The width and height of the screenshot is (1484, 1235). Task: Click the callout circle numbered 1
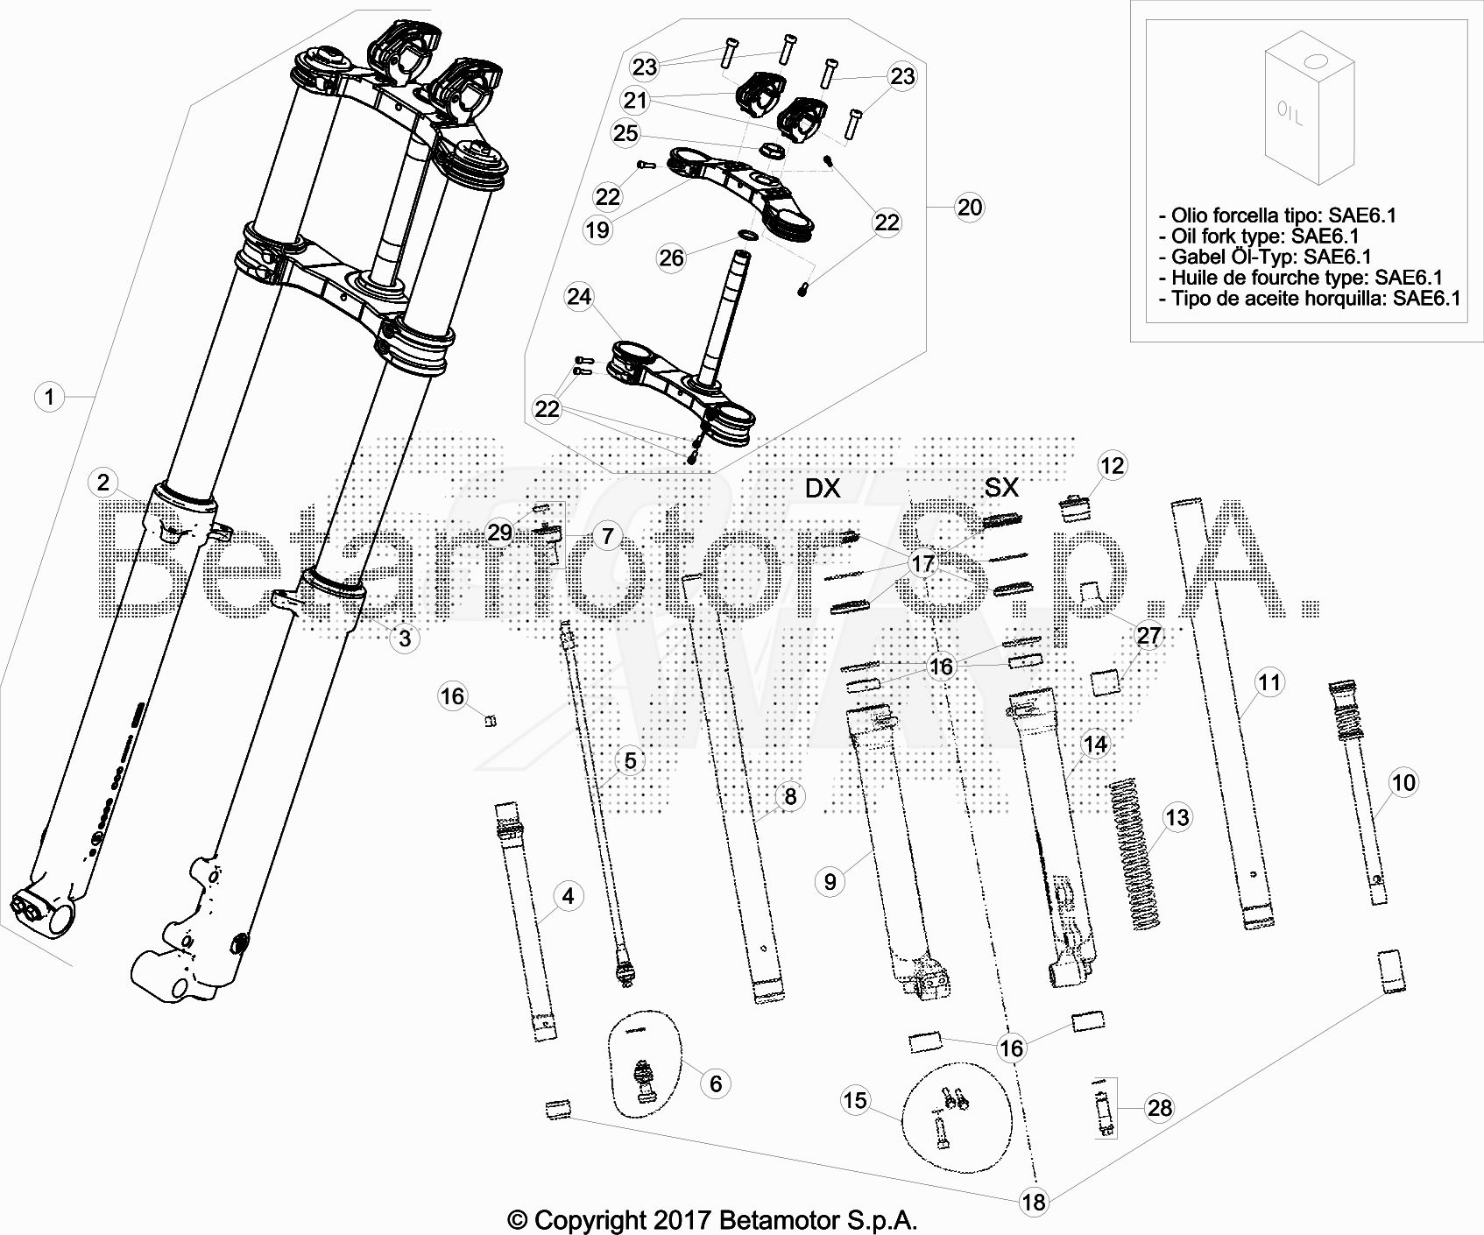coord(49,397)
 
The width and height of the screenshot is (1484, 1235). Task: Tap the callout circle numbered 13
coord(1177,817)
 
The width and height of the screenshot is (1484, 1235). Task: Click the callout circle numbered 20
coord(970,208)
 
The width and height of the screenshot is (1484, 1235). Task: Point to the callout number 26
coord(671,258)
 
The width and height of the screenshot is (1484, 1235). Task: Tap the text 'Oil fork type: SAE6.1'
coord(1265,236)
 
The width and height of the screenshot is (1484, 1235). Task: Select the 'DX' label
coord(822,488)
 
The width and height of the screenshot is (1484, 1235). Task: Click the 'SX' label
coord(1001,488)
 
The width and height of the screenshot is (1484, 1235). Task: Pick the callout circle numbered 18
coord(1035,1201)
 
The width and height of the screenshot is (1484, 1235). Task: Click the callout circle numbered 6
coord(716,1083)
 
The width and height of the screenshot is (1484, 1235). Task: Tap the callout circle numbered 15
coord(855,1100)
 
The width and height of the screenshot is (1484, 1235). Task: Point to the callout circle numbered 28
coord(1160,1108)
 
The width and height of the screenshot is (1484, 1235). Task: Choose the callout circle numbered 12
coord(1113,465)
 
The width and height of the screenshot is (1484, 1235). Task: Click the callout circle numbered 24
coord(579,297)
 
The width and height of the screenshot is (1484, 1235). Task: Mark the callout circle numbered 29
coord(500,533)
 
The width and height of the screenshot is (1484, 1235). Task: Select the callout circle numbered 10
coord(1403,782)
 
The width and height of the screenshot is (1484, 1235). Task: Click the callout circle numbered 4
coord(568,896)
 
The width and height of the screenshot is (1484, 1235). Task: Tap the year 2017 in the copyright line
coord(681,1219)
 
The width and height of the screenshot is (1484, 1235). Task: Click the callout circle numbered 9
coord(830,881)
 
